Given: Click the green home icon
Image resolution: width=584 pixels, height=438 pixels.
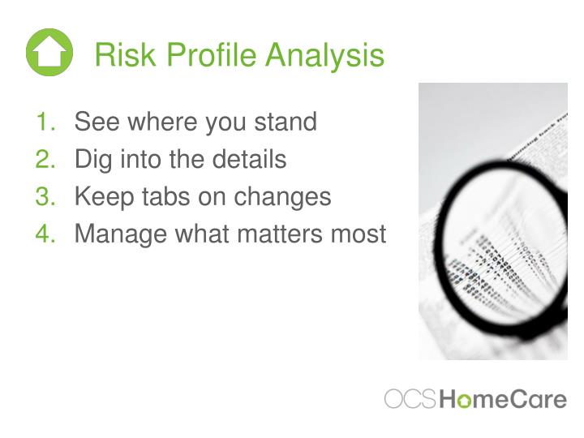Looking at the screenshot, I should (49, 53).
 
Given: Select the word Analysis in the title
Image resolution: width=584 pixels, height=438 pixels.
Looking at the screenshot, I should (324, 56).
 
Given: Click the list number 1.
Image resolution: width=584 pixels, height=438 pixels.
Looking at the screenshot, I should (45, 122).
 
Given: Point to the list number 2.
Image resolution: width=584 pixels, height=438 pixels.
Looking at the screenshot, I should (45, 160).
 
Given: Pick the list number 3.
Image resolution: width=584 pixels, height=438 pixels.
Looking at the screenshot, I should (45, 197).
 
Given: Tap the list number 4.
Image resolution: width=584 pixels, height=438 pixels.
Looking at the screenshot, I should (45, 234).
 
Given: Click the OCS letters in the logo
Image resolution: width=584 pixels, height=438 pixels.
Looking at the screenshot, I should (410, 399).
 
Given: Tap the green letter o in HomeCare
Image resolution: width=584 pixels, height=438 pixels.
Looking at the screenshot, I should (464, 400).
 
